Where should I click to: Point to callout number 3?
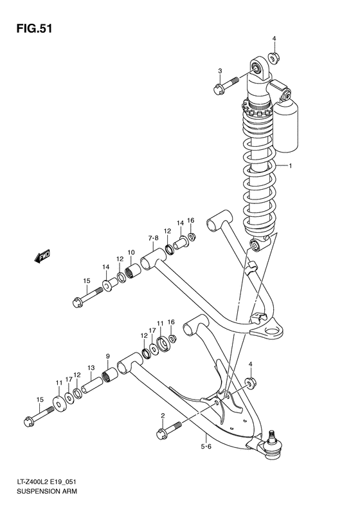pos(220,71)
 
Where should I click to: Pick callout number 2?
pos(163,415)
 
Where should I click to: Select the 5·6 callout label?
pos(206,445)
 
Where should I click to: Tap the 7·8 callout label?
pos(153,238)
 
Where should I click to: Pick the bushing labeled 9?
pos(109,373)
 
